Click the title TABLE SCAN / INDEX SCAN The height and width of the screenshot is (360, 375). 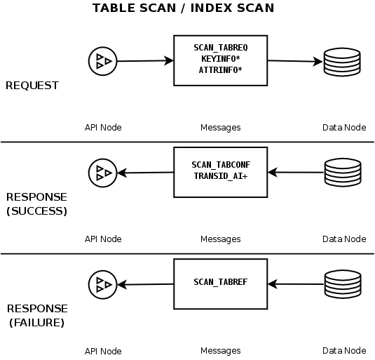tap(183, 8)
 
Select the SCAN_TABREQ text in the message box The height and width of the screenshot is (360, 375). tap(220, 47)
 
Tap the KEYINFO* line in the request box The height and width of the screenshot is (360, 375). tap(220, 59)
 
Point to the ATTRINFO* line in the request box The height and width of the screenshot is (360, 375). tap(220, 70)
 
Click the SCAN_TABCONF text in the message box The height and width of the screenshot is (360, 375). tap(220, 165)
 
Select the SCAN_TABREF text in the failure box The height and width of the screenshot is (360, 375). tap(220, 282)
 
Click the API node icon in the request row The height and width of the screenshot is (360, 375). tap(102, 62)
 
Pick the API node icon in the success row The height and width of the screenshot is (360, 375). tap(102, 173)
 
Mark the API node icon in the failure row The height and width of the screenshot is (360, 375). tap(102, 284)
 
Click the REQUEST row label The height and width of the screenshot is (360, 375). tap(32, 86)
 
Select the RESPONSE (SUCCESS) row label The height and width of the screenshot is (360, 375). tap(36, 204)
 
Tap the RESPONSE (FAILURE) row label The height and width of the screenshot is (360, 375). tap(36, 316)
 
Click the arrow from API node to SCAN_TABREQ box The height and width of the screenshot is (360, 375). tap(144, 62)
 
